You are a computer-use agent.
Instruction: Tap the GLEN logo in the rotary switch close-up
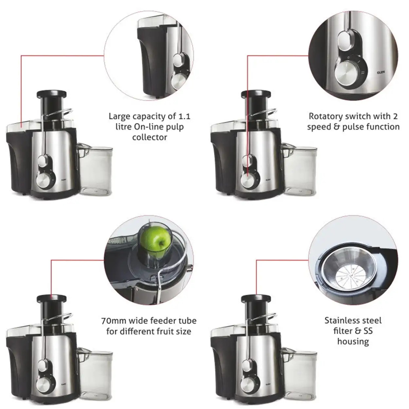click(381, 73)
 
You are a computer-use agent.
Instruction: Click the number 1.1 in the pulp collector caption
click(184, 116)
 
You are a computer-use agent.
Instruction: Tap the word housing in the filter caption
click(353, 342)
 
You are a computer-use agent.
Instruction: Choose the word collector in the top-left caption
click(150, 137)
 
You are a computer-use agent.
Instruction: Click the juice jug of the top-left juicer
click(96, 170)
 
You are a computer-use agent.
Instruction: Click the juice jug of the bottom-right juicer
click(300, 374)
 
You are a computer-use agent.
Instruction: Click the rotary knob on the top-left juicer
click(44, 179)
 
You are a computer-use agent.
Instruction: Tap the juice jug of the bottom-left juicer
click(96, 374)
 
